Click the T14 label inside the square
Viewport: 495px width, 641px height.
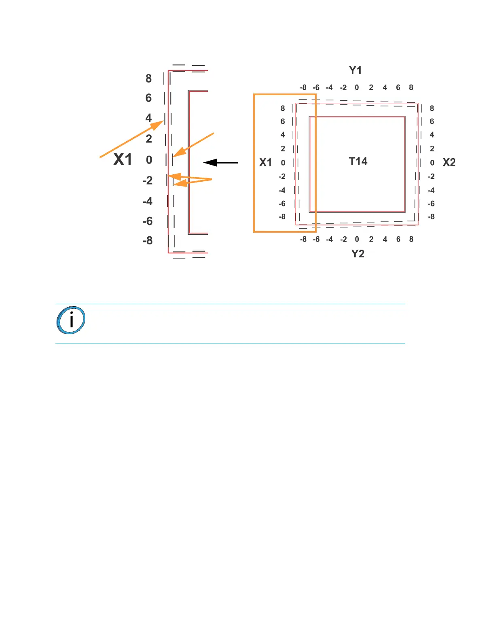point(358,161)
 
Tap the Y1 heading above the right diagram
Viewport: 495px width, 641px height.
point(355,70)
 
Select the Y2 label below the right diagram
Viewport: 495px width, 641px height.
point(357,254)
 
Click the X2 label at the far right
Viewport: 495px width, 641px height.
point(449,163)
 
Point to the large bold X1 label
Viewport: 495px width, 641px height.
point(123,159)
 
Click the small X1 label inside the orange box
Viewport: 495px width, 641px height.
point(265,163)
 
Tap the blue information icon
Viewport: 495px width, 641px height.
point(71,320)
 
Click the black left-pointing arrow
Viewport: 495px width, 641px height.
point(220,163)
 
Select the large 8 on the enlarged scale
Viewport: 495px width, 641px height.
point(148,79)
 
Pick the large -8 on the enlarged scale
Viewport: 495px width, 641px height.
point(148,241)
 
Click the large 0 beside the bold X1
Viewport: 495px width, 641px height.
point(149,160)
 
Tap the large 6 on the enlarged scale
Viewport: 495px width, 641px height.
point(148,98)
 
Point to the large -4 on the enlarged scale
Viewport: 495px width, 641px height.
point(148,201)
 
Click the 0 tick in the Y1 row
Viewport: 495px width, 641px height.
point(357,87)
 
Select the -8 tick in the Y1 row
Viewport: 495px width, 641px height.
point(303,87)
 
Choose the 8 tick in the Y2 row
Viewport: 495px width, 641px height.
point(411,239)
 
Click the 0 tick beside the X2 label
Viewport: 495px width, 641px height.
point(432,163)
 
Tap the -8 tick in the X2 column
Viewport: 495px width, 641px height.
point(432,217)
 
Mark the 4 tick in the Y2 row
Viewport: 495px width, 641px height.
point(385,239)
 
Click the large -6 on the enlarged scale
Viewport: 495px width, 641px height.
point(148,221)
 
